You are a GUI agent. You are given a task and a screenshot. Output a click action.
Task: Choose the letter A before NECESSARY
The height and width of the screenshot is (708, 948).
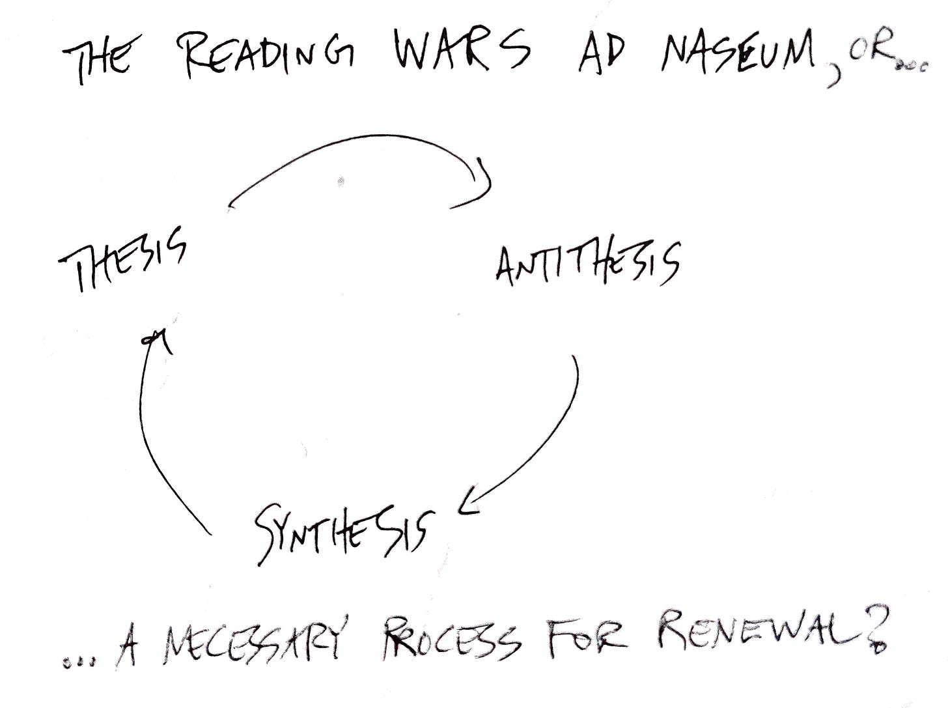click(x=128, y=651)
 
